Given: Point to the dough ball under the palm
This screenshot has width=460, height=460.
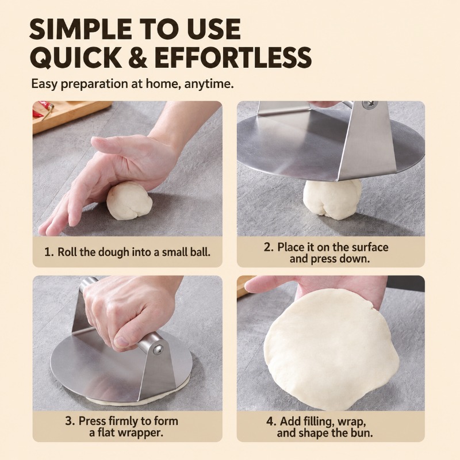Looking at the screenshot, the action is [129, 200].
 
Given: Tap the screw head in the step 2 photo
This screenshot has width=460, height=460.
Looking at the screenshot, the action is [370, 105].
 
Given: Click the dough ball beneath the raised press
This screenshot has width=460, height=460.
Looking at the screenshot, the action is [332, 199].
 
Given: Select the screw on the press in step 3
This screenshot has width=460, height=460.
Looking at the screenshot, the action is [159, 349].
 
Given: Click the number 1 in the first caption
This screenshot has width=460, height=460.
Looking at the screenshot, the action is [48, 252].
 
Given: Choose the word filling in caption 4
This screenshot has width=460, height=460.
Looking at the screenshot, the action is [317, 421].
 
